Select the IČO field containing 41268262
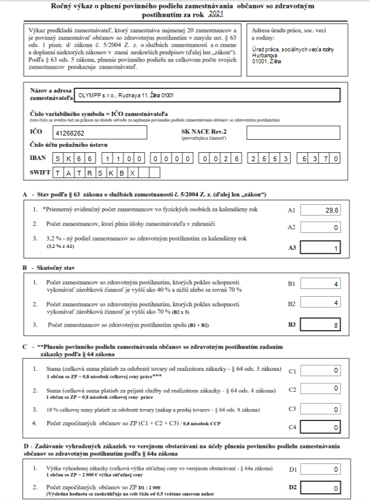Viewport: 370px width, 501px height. tap(99, 133)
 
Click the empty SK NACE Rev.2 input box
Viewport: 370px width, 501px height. tap(293, 133)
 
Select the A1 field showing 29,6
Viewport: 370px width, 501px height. tap(321, 210)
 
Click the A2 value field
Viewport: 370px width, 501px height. tap(321, 228)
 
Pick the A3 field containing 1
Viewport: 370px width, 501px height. tap(321, 248)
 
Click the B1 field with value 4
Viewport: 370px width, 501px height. tap(321, 284)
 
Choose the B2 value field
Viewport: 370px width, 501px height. tap(321, 303)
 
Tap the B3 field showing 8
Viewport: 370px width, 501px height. tap(321, 326)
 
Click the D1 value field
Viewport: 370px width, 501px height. tap(321, 471)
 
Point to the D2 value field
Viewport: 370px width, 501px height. tap(321, 488)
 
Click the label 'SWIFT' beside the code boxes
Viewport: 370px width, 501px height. tap(40, 173)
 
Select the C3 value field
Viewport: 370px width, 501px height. tap(321, 409)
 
